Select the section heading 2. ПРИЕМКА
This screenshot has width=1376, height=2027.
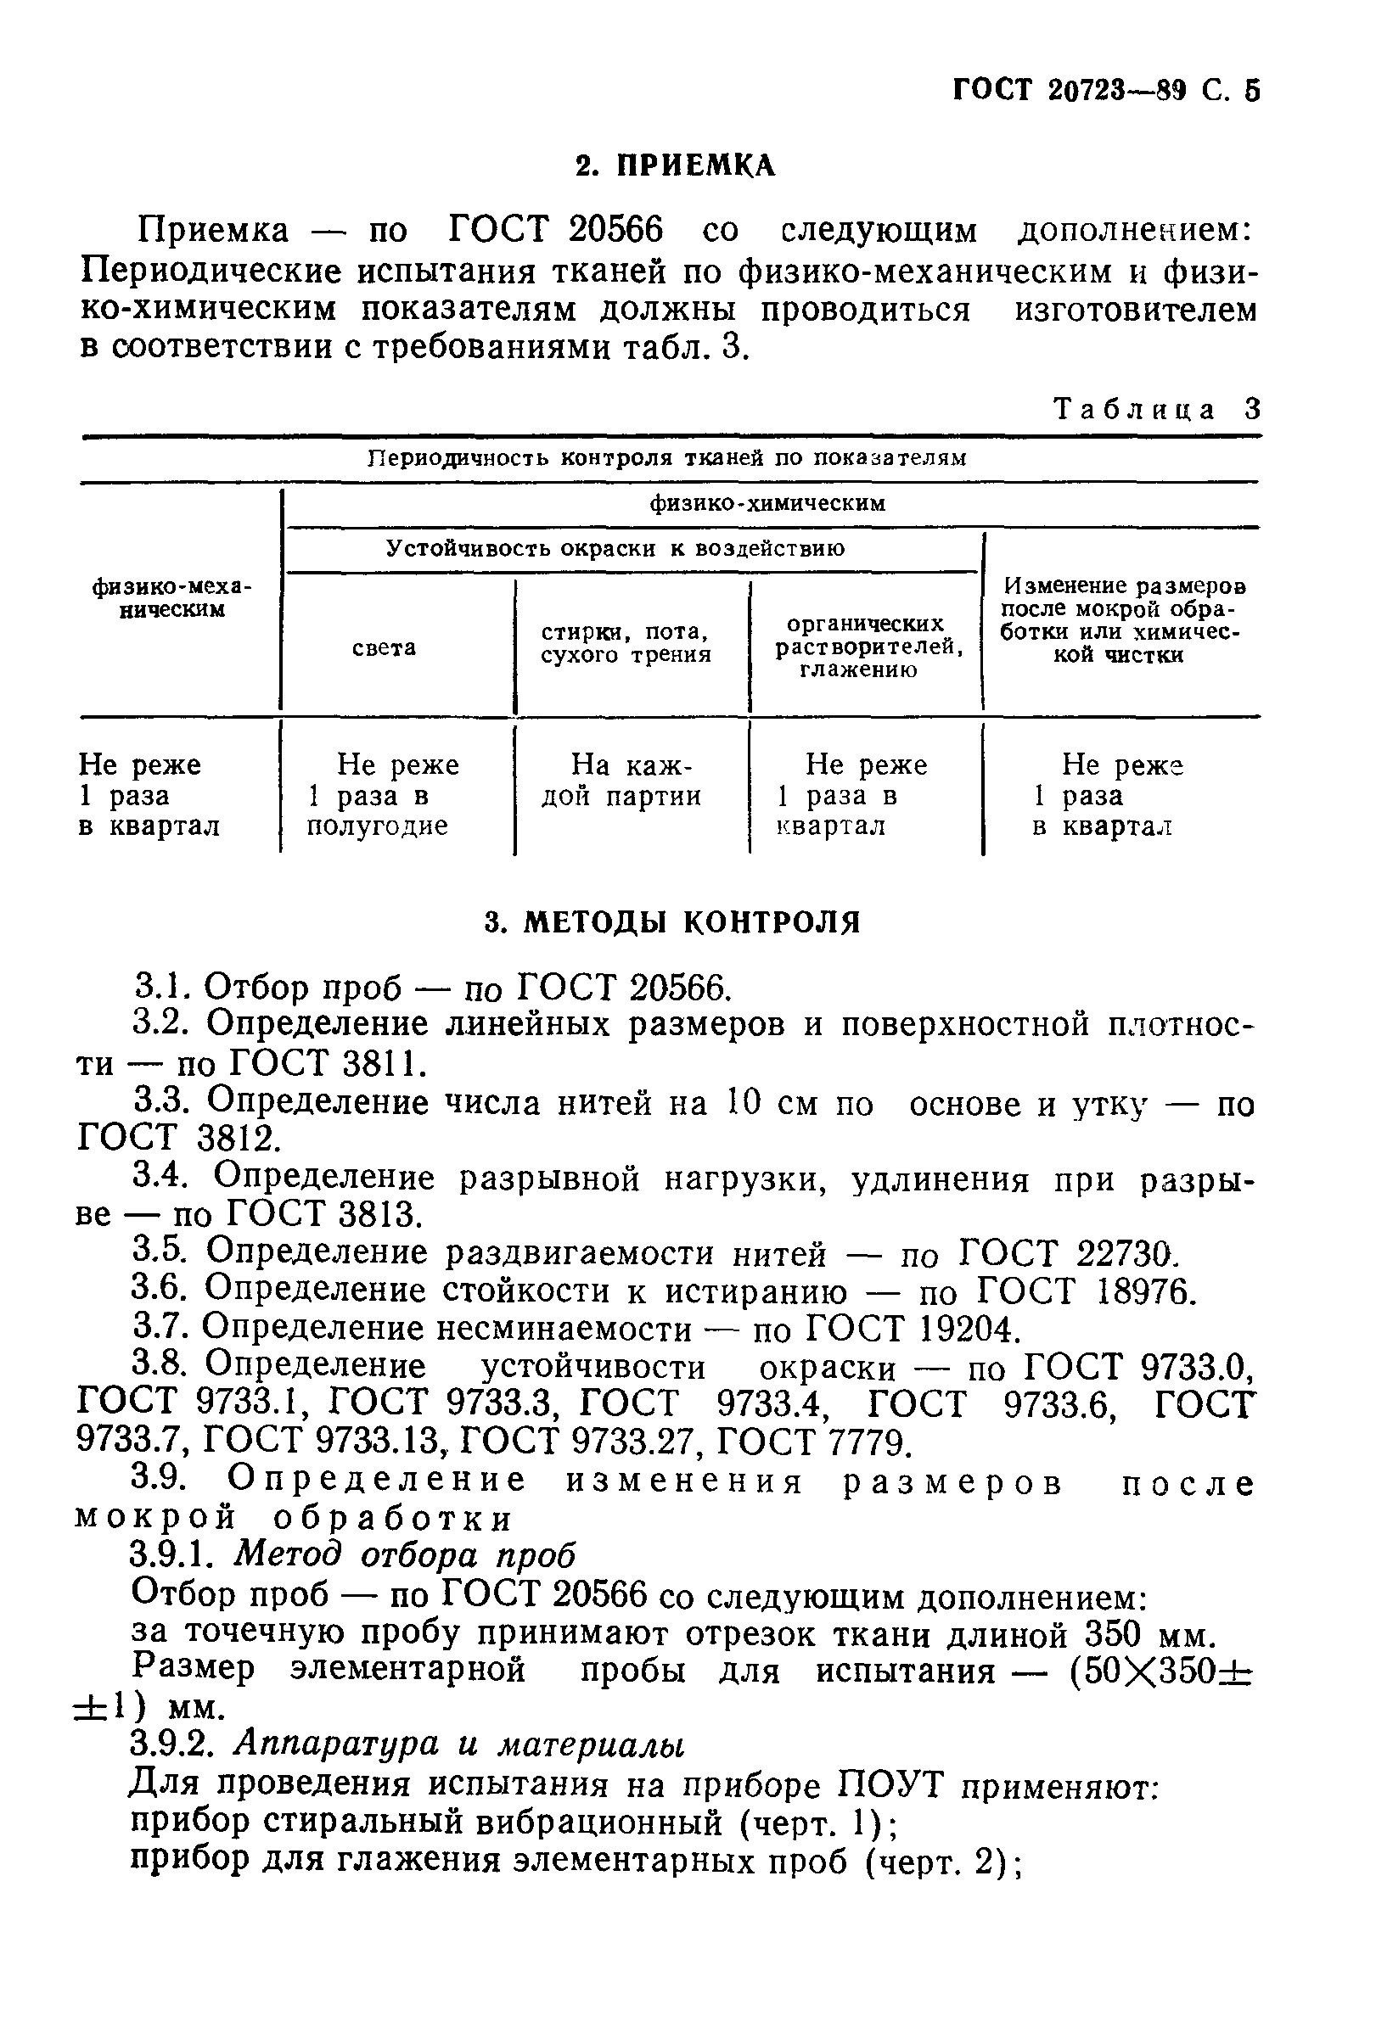click(x=676, y=165)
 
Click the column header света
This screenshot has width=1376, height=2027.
click(x=384, y=648)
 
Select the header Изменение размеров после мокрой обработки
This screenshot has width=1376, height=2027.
click(x=1122, y=620)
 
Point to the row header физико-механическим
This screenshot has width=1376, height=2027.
click(x=171, y=598)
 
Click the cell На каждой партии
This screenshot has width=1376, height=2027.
click(x=622, y=781)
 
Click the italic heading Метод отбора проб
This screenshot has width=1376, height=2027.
click(x=406, y=1554)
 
